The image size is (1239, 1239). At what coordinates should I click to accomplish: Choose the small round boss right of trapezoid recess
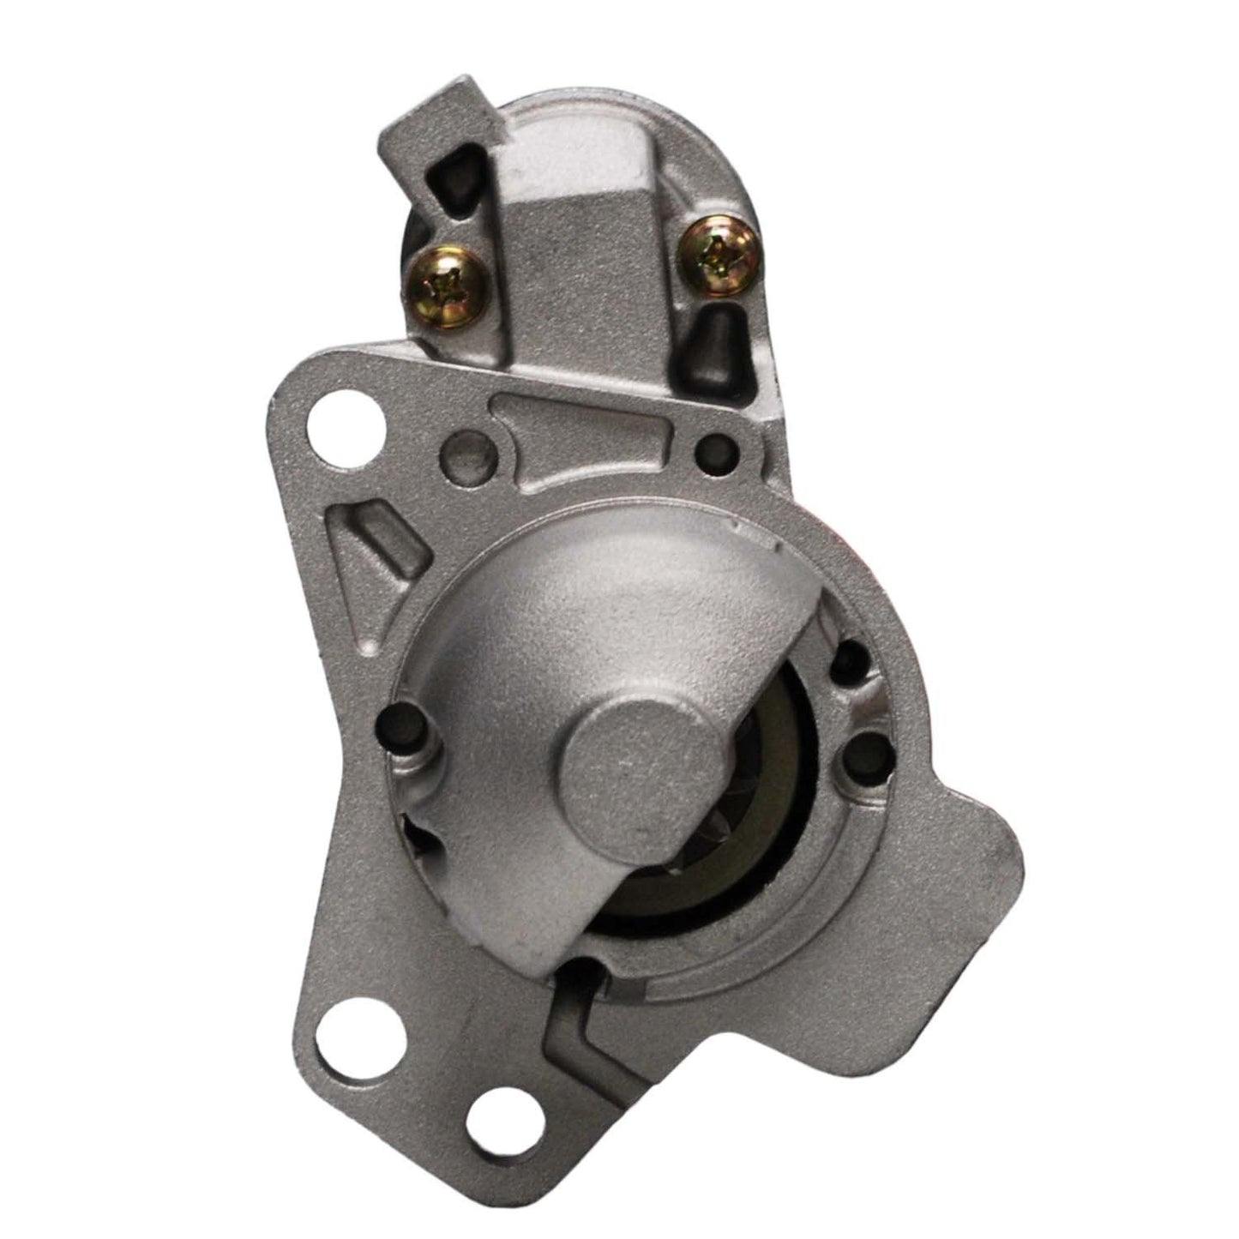click(x=714, y=447)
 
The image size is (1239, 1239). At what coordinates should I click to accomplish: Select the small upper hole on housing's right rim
click(x=852, y=659)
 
